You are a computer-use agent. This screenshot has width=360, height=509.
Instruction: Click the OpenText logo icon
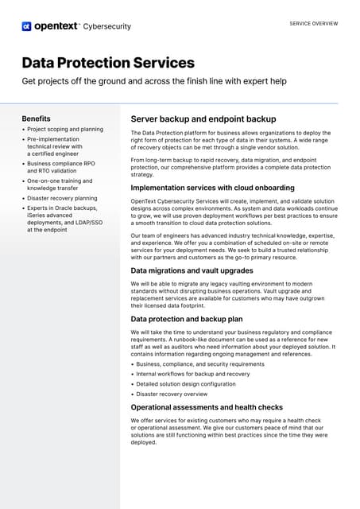(26, 26)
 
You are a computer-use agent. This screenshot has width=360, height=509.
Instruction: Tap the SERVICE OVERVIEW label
(313, 24)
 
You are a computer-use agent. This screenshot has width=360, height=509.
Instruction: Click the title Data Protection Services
(108, 62)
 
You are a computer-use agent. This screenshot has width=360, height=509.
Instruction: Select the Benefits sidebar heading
(37, 119)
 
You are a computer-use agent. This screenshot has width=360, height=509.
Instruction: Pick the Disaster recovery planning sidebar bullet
(62, 198)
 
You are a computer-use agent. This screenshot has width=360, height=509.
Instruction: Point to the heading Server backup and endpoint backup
(203, 119)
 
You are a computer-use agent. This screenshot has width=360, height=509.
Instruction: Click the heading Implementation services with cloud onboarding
(212, 188)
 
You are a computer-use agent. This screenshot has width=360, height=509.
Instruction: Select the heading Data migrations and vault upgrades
(192, 270)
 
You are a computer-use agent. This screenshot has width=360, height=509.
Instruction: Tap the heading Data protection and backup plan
(188, 318)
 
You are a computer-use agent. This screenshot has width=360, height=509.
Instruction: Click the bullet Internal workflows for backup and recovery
(193, 374)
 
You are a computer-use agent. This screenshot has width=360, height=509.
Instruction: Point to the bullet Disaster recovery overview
(172, 394)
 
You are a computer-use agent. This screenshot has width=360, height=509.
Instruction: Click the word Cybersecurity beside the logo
(108, 26)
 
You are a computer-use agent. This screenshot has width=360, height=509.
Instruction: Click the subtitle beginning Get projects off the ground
(154, 82)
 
